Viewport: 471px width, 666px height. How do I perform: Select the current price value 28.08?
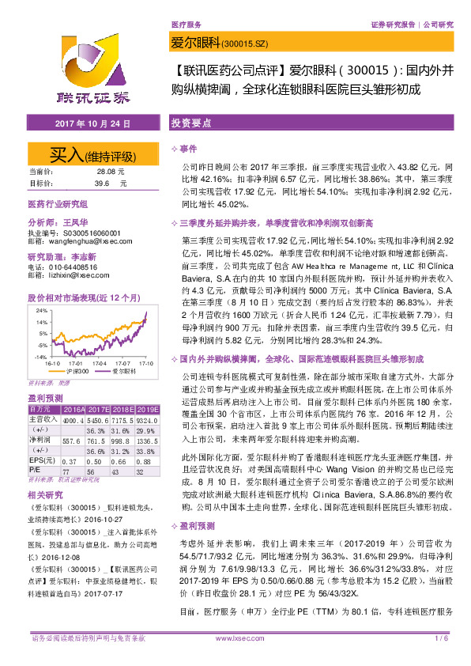pos(104,171)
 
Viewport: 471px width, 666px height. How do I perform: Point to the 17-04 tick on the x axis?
pos(100,362)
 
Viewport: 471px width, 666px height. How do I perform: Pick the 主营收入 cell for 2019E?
pos(145,420)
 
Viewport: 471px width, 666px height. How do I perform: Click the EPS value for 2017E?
pos(96,461)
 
